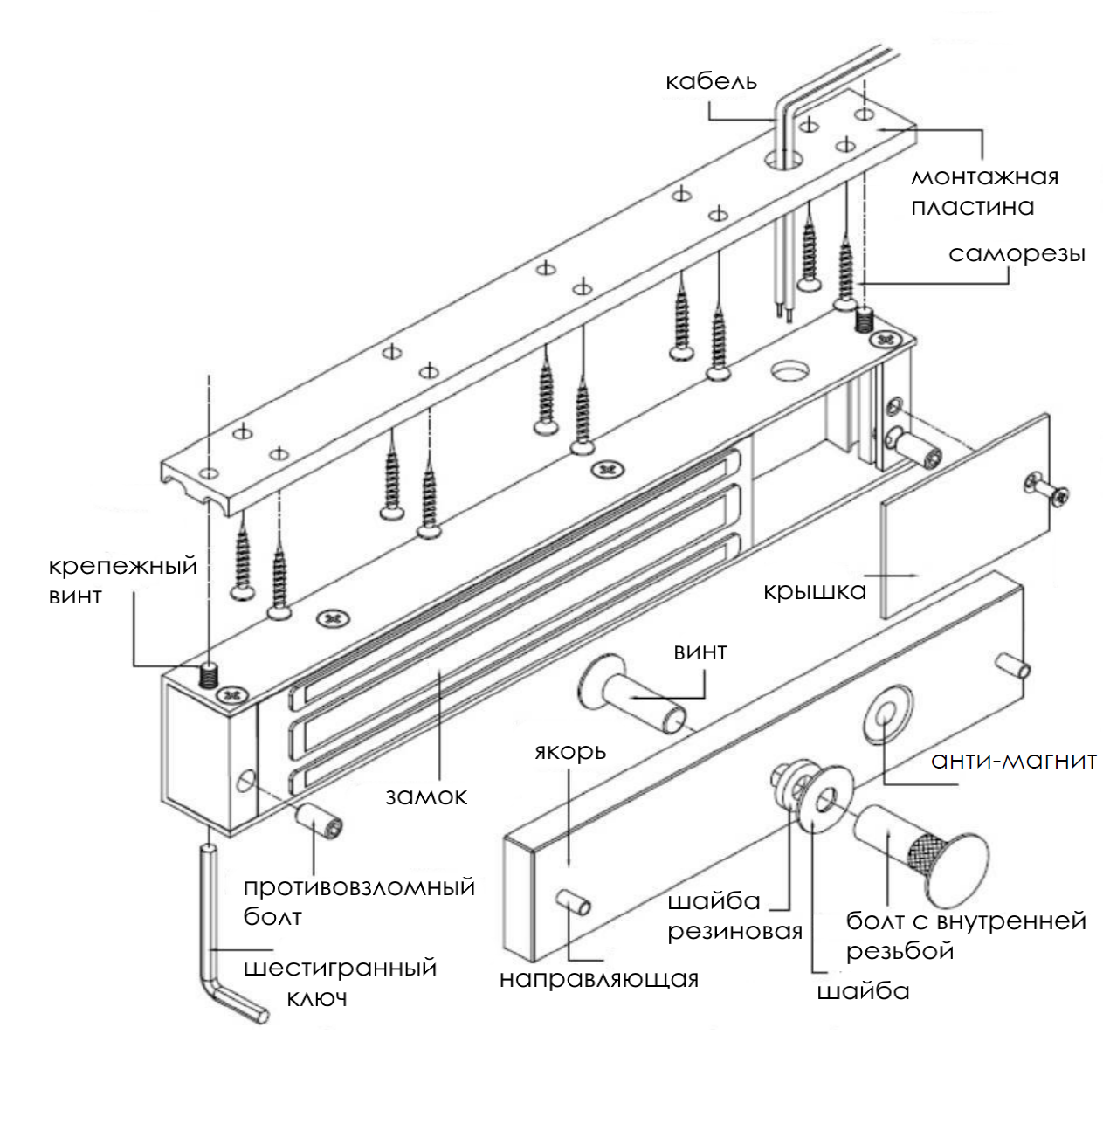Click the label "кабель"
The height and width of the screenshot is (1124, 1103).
tap(711, 81)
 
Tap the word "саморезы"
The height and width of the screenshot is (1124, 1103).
tap(1017, 254)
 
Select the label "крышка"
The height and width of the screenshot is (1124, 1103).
tap(814, 591)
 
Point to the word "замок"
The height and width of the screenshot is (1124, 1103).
tap(426, 796)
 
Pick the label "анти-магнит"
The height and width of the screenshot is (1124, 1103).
tap(1014, 761)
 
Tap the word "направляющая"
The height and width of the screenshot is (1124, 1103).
tap(599, 979)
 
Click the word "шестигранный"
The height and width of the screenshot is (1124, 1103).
tap(340, 968)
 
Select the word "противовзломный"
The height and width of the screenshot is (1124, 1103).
tap(359, 887)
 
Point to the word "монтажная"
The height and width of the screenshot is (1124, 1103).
tap(984, 176)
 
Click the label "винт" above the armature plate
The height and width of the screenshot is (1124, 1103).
tap(700, 651)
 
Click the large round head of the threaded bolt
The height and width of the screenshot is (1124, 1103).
tap(957, 870)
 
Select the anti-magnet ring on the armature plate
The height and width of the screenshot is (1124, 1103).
tap(886, 715)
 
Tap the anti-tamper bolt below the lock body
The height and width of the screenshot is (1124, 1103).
tap(319, 821)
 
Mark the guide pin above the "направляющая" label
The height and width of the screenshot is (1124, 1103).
tap(574, 902)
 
